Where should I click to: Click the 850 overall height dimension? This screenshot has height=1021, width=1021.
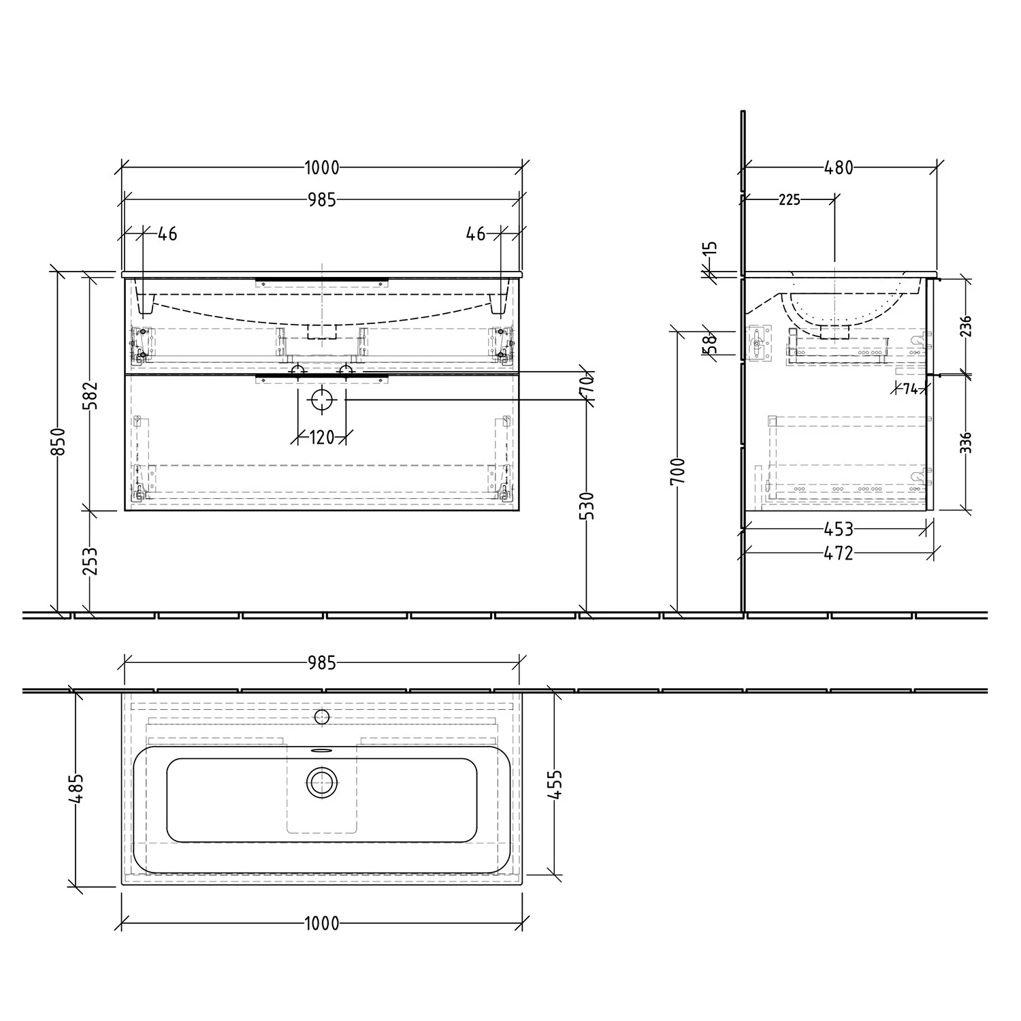coord(60,442)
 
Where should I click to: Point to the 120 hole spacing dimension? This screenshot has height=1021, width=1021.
coord(322,437)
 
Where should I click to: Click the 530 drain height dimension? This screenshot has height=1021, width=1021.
coord(587,506)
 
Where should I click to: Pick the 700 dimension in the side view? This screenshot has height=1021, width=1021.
coord(678,472)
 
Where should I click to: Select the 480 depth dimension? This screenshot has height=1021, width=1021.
coord(839,167)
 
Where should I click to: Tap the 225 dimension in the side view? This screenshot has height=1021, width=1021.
coord(790,200)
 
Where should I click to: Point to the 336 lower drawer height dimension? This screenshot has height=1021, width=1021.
coord(966,442)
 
